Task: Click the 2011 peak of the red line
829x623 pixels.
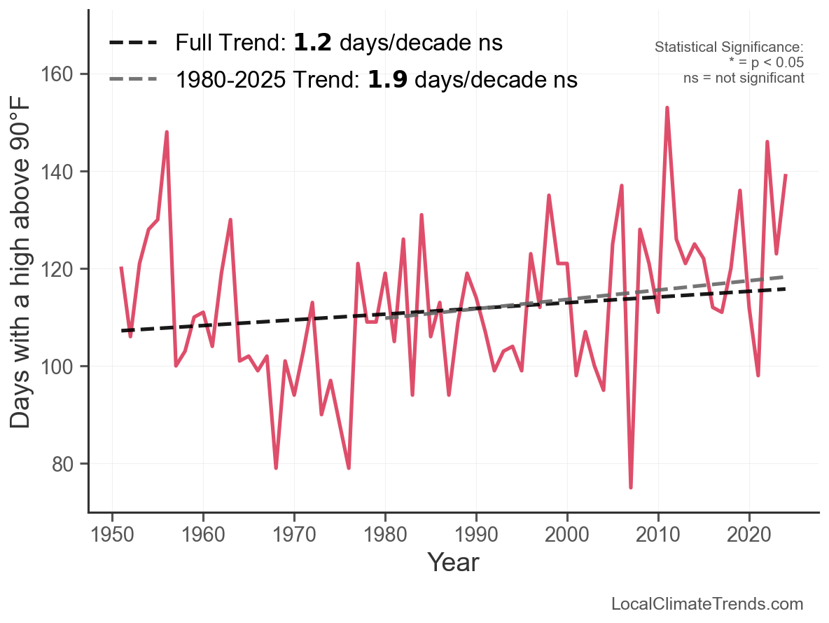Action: tap(667, 108)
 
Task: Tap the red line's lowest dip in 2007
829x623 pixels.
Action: tap(631, 487)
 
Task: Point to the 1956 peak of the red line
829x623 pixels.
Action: tap(167, 132)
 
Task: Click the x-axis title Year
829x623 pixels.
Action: tap(453, 562)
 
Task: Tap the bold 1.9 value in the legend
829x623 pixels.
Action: tap(388, 80)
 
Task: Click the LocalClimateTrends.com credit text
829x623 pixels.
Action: tap(707, 604)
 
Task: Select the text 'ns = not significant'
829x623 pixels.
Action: tap(744, 78)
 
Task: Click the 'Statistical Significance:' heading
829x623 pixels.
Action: tap(729, 48)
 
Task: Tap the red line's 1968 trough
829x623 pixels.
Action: tap(276, 467)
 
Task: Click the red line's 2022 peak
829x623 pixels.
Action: tap(767, 142)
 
